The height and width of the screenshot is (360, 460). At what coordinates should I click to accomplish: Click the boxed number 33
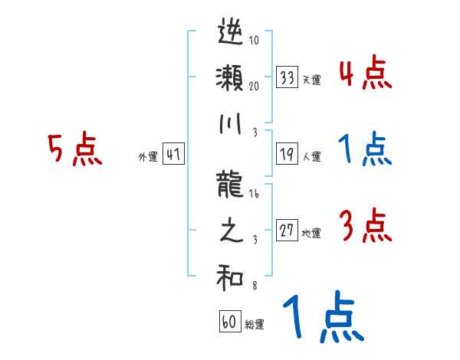[287, 77]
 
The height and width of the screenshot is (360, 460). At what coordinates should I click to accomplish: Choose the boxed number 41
[173, 154]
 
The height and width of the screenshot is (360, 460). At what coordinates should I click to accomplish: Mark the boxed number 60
[229, 322]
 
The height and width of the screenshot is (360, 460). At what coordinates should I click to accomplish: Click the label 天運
[311, 80]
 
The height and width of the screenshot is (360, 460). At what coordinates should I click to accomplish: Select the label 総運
[255, 324]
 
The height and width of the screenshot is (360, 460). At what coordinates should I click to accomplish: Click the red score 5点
[74, 150]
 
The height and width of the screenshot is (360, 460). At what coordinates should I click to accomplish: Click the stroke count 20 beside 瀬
[254, 87]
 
